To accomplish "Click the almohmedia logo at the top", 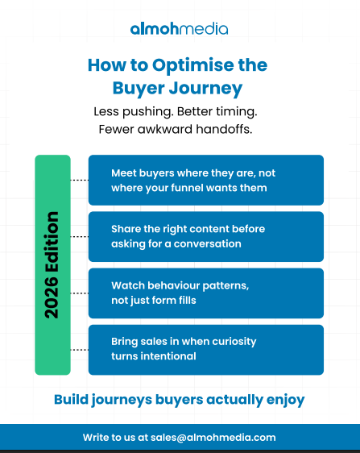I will [179, 29].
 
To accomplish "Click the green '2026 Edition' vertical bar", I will [52, 264].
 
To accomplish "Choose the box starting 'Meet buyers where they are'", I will [205, 180].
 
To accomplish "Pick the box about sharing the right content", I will [205, 236].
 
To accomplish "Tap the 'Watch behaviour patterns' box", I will [205, 293].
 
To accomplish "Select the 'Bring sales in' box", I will [205, 349].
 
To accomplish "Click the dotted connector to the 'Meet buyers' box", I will [79, 180].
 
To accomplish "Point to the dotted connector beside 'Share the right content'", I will [79, 236].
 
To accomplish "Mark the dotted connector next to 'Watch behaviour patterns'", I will [79, 293].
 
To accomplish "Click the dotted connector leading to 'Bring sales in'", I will [79, 349].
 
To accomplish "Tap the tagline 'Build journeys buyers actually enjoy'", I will [179, 399].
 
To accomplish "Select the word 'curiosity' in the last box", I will [231, 341].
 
